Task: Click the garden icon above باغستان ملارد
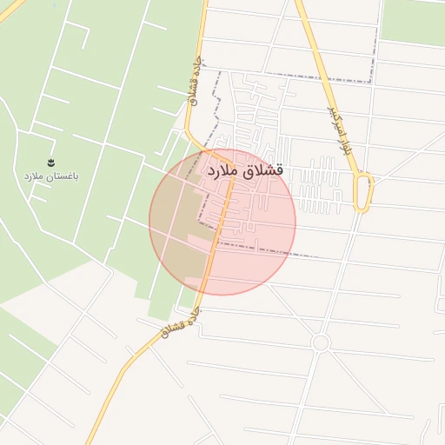pos(50,163)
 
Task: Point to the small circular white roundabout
pos(321,343)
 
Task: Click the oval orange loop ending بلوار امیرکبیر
pos(365,191)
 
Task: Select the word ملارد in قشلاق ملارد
pos(222,173)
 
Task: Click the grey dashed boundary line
pos(296,77)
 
